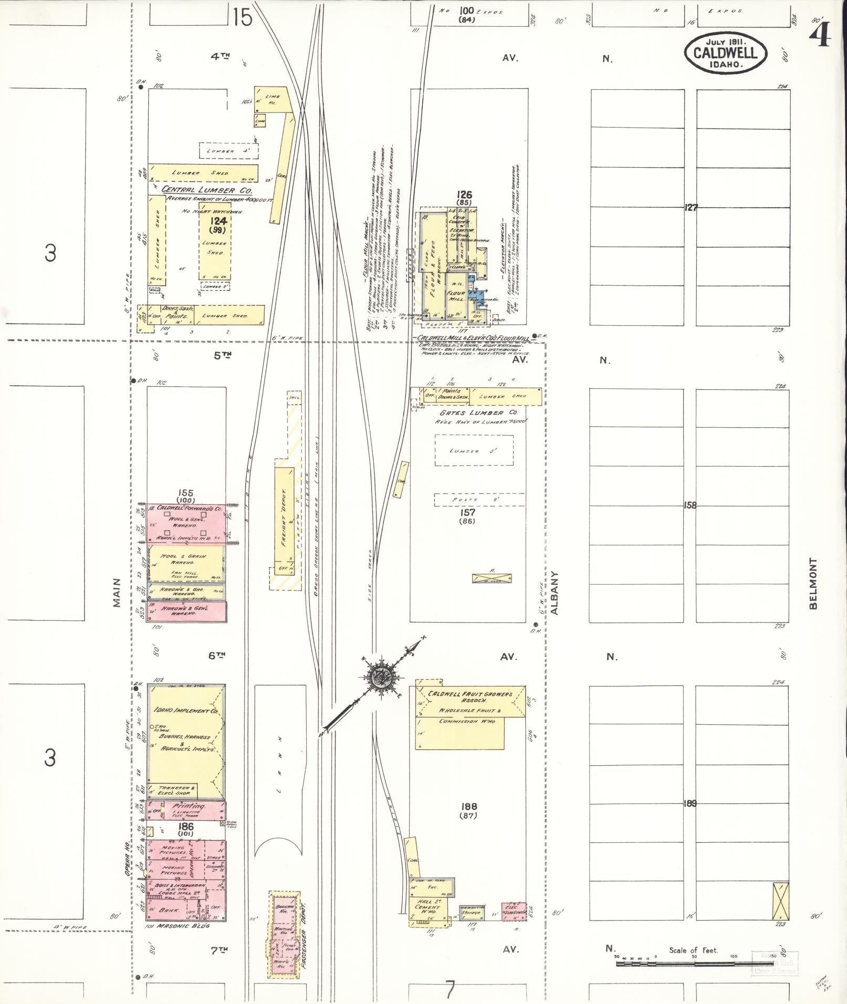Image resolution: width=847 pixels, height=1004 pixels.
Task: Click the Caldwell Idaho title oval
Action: [725, 52]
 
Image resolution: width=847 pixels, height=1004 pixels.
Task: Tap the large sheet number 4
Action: [820, 35]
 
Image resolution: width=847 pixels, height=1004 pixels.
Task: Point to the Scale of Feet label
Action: [693, 950]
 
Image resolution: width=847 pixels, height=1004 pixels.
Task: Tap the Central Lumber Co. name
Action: [207, 189]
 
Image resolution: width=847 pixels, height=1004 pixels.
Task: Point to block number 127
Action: [691, 207]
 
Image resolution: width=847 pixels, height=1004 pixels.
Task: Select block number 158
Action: [690, 505]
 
